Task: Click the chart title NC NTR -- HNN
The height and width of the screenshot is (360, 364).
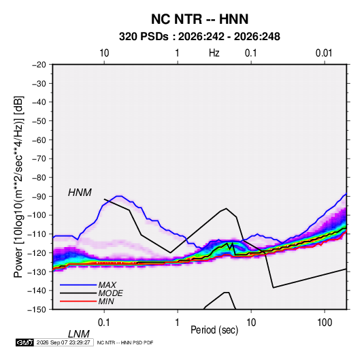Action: point(199,19)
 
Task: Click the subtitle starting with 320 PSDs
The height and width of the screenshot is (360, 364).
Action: point(199,37)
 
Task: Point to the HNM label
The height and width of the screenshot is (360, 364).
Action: point(80,193)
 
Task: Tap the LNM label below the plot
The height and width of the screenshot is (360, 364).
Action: point(78,334)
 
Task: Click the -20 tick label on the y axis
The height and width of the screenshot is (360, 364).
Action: point(39,65)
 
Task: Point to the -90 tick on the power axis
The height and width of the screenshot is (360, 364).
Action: point(39,196)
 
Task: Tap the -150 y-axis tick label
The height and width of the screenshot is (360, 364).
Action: point(37,310)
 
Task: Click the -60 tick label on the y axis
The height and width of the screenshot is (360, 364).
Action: point(39,140)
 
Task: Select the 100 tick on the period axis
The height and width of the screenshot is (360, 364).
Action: point(325,323)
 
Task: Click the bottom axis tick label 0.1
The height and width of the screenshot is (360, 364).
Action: point(104,323)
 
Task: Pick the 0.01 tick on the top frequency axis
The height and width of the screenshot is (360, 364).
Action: point(324,53)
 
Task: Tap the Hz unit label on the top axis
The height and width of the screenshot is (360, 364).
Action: point(214,53)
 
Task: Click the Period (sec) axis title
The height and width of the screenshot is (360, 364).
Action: point(214,330)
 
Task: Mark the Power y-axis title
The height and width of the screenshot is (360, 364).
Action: point(18,187)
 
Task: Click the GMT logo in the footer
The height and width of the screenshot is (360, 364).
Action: point(25,342)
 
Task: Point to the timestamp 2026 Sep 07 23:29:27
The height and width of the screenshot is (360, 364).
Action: point(63,342)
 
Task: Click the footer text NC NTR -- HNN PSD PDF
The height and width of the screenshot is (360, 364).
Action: point(125,342)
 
